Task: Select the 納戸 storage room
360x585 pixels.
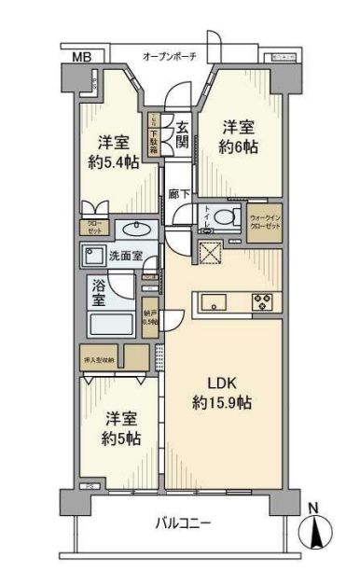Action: pyautogui.click(x=150, y=317)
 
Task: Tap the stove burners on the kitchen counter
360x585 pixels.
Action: pyautogui.click(x=260, y=301)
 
